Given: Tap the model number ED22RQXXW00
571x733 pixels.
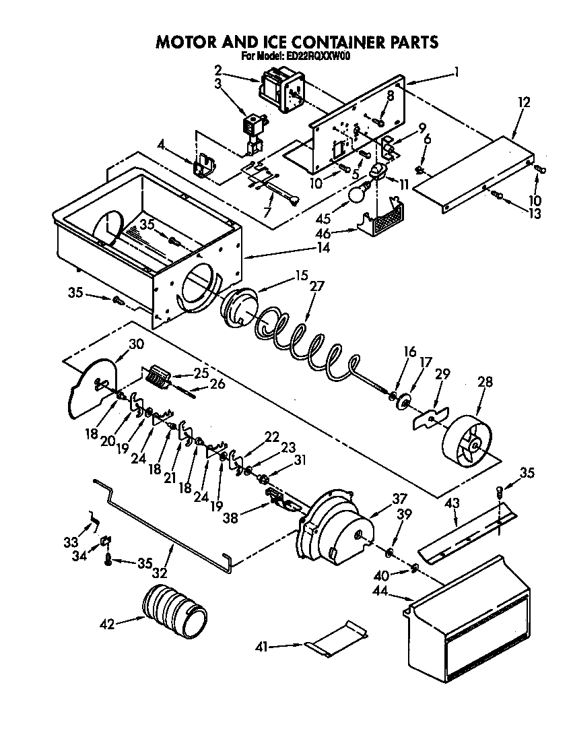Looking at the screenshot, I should [x=315, y=57].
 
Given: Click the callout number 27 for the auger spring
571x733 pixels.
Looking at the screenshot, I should [x=316, y=286].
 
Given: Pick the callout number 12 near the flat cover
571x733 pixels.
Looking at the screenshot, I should [x=524, y=102].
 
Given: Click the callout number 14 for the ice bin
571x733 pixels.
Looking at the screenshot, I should [x=323, y=247].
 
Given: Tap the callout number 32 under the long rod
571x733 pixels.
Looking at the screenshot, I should [x=160, y=573].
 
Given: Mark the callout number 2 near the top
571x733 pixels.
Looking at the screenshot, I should [x=218, y=69].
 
